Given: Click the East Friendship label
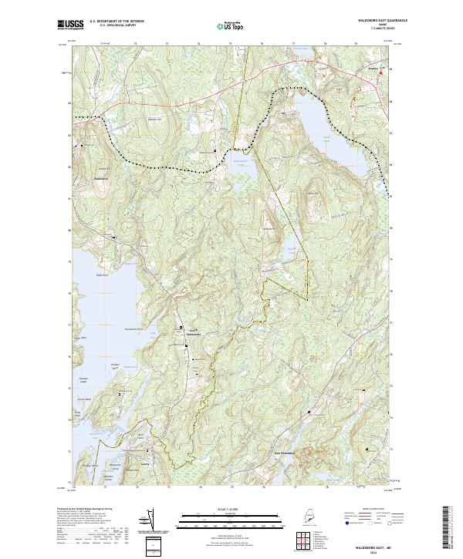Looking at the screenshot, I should [x=286, y=452].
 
